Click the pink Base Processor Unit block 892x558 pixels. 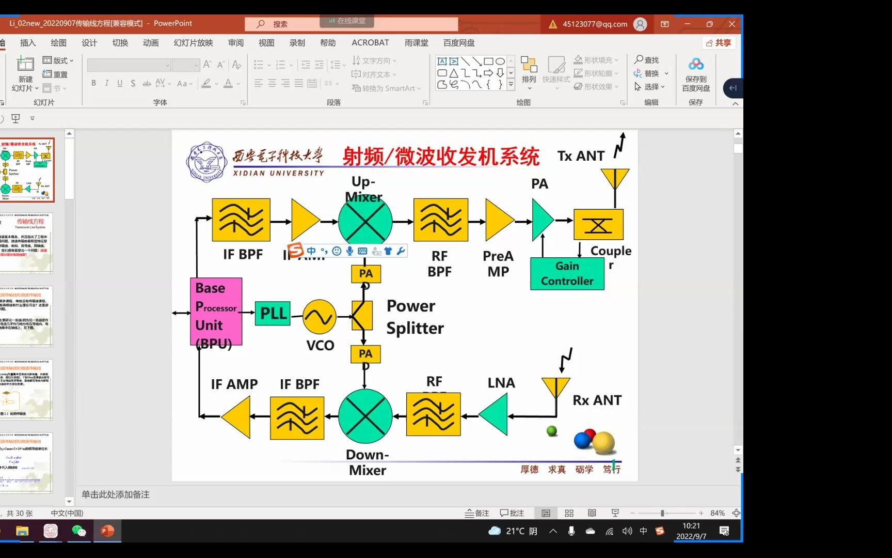(x=216, y=312)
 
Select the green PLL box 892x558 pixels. (x=273, y=313)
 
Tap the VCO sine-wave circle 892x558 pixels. (x=320, y=317)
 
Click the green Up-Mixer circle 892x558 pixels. (x=365, y=221)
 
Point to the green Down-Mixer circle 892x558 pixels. (x=365, y=416)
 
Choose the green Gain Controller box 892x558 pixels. (x=567, y=273)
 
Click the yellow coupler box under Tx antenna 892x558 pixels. (x=598, y=225)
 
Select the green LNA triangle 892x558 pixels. (x=495, y=414)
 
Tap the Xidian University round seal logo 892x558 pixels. (x=206, y=162)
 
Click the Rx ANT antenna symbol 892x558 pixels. (x=555, y=387)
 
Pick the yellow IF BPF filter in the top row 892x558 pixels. (x=241, y=220)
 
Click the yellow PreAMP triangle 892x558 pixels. (x=498, y=221)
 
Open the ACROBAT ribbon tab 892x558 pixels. (x=370, y=43)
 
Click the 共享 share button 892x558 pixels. (x=718, y=43)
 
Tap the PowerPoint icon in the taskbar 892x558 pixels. (x=107, y=531)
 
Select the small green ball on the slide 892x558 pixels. (x=552, y=430)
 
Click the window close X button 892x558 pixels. (x=731, y=24)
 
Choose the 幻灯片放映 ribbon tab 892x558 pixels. (x=193, y=43)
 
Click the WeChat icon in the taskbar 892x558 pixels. (x=78, y=531)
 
